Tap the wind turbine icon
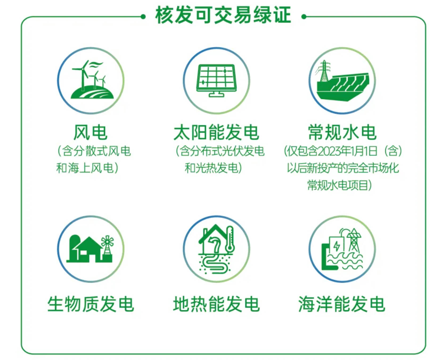[x=92, y=80]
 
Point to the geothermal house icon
[x=216, y=249]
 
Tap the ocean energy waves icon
[x=342, y=249]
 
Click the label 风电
[x=91, y=132]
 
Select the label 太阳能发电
[x=216, y=132]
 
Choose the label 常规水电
[x=342, y=132]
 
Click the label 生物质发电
[x=91, y=304]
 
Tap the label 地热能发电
[x=216, y=304]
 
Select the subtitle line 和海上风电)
[x=87, y=168]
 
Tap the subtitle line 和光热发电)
[x=213, y=168]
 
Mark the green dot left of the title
[x=143, y=17]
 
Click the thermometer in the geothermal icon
[x=230, y=239]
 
